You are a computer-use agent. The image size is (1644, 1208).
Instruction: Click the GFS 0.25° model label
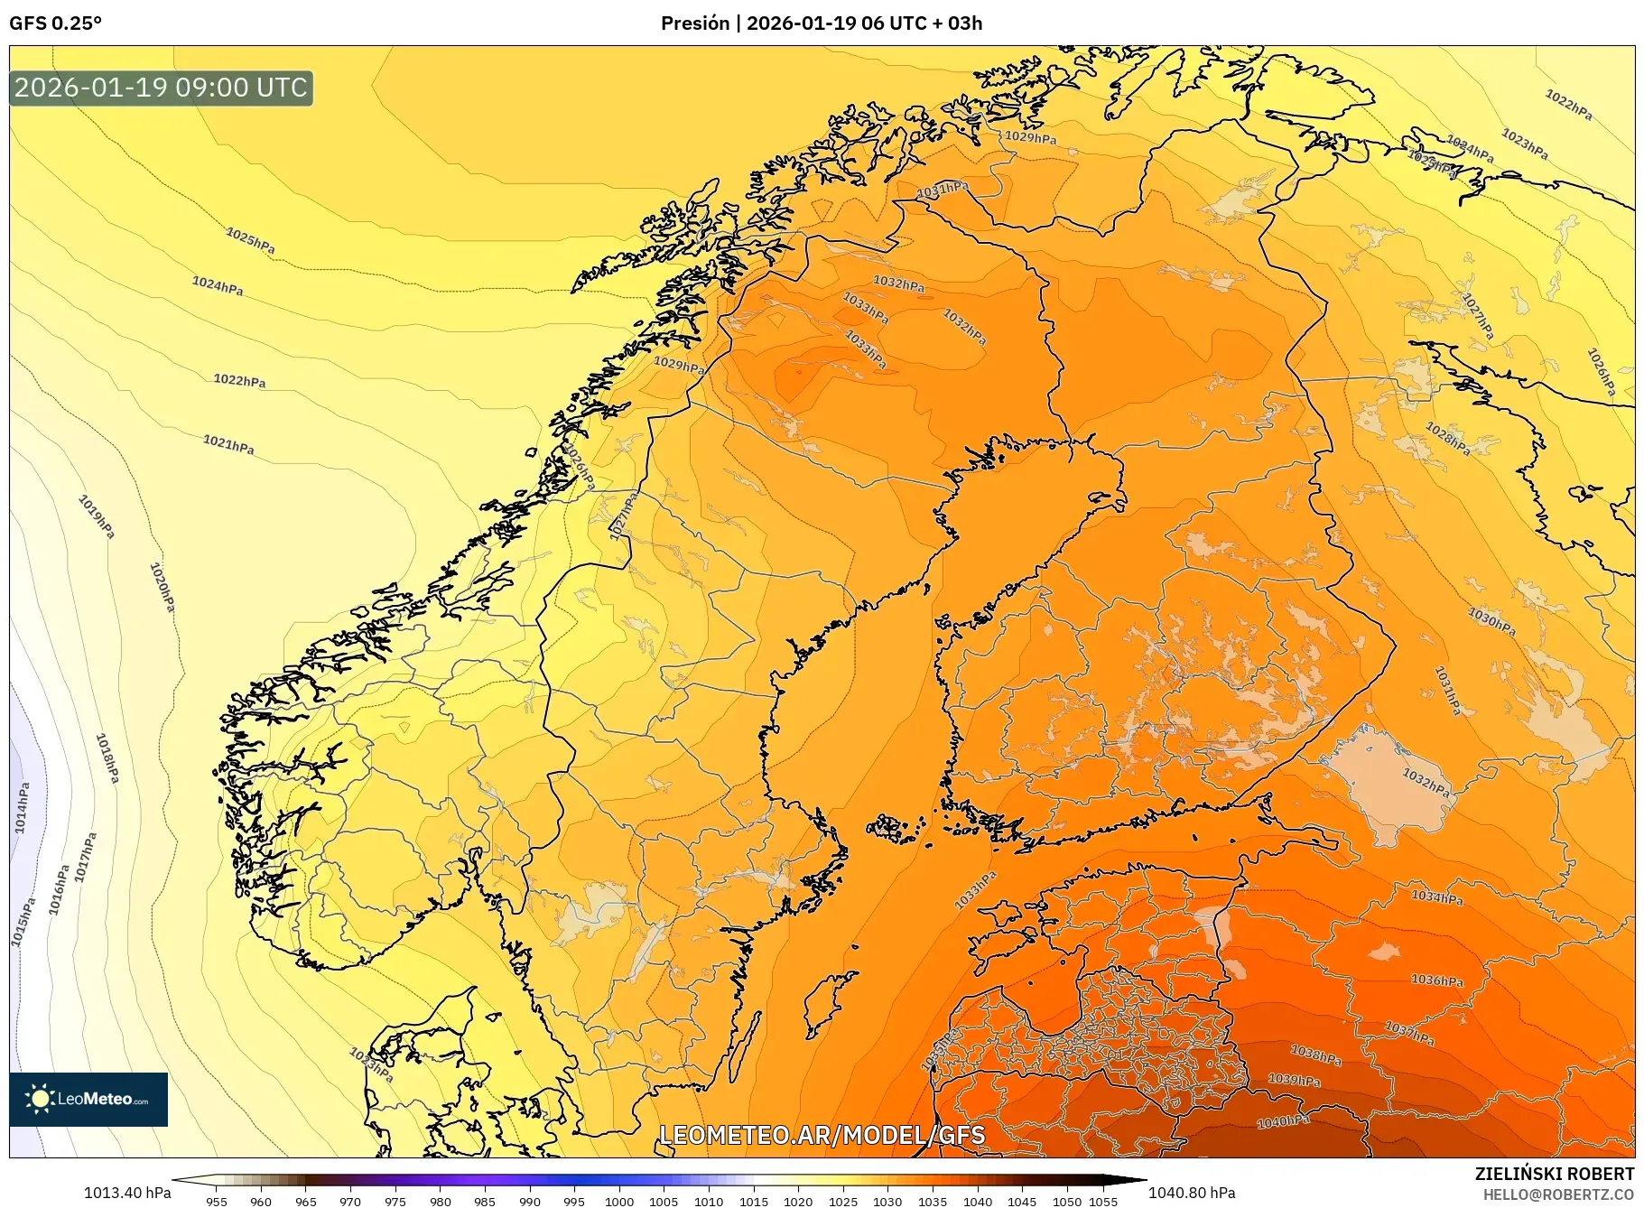click(x=55, y=23)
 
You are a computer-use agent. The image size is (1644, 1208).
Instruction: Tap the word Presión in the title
click(x=694, y=23)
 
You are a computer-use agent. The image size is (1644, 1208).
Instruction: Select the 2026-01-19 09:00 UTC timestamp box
click(x=161, y=88)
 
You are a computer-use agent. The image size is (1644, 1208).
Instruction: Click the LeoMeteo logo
click(x=88, y=1099)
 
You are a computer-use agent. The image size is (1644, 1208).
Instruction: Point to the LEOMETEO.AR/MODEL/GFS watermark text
click(x=822, y=1135)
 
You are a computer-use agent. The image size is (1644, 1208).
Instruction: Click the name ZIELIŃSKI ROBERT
click(x=1554, y=1174)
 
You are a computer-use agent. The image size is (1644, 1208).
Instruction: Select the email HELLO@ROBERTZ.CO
click(x=1558, y=1194)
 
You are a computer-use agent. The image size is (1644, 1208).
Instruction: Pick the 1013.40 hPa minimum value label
click(x=127, y=1193)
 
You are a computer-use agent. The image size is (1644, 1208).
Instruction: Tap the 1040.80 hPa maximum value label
click(x=1192, y=1193)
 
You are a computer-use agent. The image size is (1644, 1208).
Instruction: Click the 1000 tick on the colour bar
click(x=619, y=1201)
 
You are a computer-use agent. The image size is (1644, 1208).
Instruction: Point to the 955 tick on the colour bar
click(x=216, y=1201)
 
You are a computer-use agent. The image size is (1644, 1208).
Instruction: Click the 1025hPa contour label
click(x=250, y=241)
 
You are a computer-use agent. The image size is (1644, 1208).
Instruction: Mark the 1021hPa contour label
click(x=228, y=444)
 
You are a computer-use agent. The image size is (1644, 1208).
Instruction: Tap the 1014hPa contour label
click(x=22, y=807)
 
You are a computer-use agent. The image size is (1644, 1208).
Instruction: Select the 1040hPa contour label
click(x=1283, y=1121)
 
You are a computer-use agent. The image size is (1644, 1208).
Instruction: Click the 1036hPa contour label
click(x=1437, y=980)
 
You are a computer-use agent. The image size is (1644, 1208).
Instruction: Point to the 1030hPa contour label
click(x=1491, y=620)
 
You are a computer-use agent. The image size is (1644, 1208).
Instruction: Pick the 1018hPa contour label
click(x=107, y=757)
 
